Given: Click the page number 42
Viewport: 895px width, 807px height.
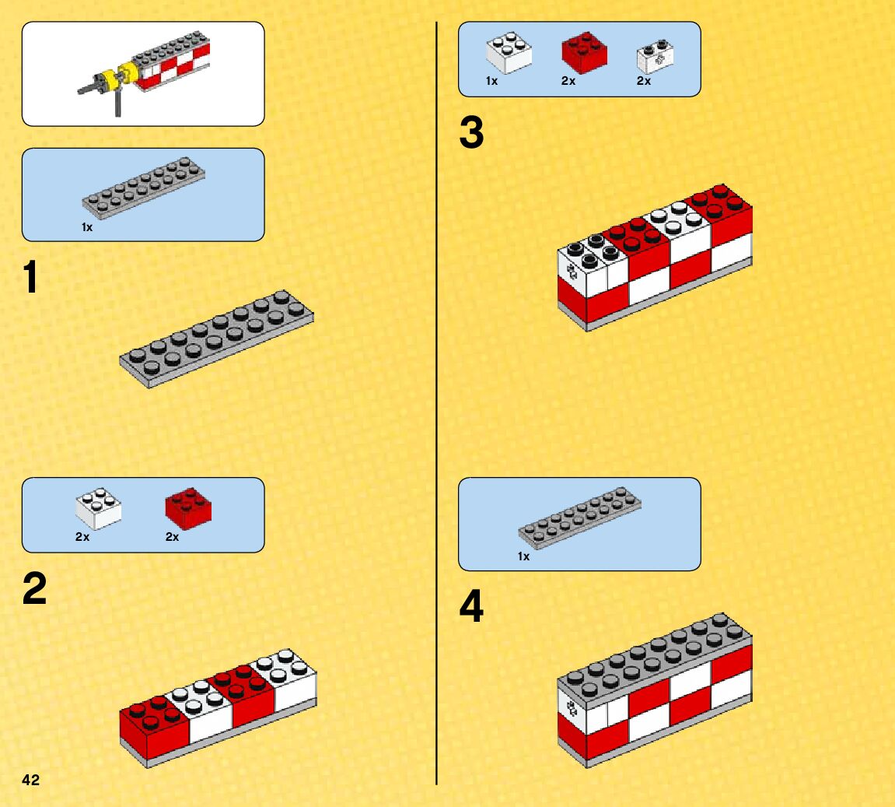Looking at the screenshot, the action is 31,780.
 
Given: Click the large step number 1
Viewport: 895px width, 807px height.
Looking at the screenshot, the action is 30,279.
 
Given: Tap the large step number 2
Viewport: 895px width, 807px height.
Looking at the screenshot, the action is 34,589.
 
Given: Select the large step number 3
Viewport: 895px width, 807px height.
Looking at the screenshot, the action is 471,133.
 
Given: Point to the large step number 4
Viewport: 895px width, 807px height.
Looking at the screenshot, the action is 471,608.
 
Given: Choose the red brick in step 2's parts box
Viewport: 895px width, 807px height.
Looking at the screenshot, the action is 189,507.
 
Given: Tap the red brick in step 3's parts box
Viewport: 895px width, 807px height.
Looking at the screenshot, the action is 584,52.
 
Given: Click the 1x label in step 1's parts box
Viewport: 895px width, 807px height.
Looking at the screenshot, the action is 87,227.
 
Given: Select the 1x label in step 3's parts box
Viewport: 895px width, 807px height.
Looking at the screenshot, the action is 492,81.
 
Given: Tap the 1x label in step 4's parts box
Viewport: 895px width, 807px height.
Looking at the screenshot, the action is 523,556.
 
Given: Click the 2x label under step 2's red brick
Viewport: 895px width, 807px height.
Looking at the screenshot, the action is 172,537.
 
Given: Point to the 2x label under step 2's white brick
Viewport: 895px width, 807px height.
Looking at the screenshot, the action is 82,537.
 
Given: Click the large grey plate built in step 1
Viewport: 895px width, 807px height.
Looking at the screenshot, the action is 217,339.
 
